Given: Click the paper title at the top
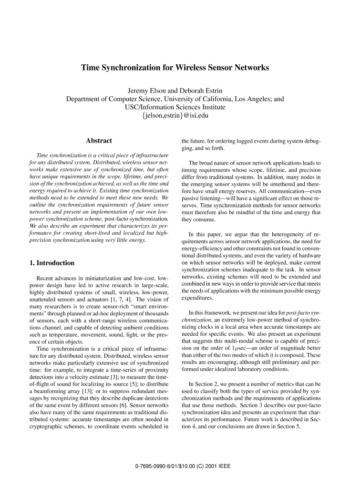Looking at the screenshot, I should (175, 68).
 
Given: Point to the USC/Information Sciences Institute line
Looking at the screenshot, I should (175, 107).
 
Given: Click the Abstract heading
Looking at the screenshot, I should (99, 141).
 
